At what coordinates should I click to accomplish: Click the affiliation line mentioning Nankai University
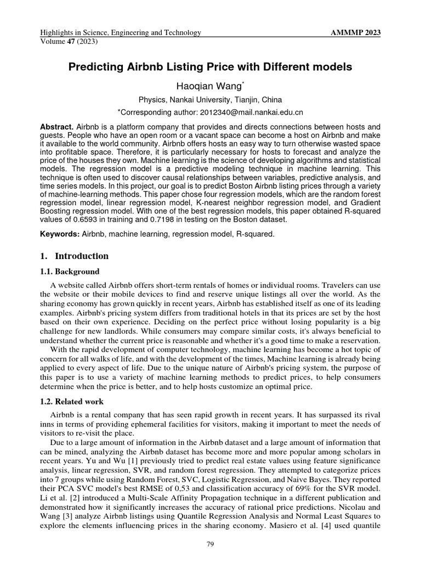click(210, 100)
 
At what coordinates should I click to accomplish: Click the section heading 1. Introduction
click(75, 256)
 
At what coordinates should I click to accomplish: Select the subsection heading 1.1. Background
click(70, 272)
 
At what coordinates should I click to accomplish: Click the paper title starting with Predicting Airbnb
click(210, 68)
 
